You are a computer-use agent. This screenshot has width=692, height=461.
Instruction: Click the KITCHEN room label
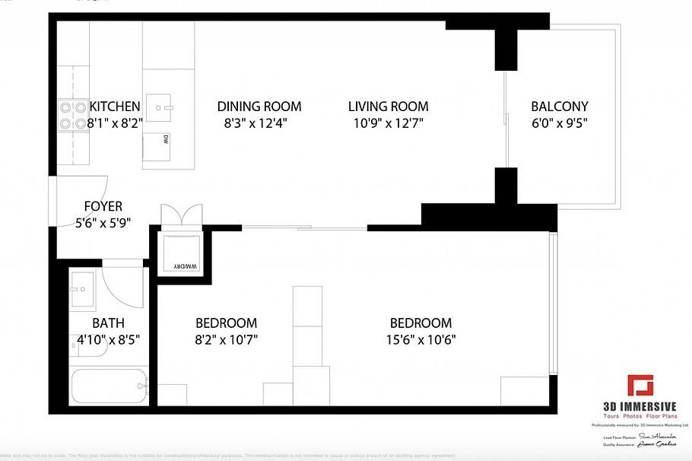(114, 107)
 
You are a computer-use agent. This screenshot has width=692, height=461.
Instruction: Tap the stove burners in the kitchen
(71, 115)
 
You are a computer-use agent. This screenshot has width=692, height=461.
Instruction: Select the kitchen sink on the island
(160, 108)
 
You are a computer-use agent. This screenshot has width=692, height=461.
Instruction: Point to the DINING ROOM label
(259, 107)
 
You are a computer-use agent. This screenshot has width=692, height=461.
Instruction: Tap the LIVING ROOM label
(388, 107)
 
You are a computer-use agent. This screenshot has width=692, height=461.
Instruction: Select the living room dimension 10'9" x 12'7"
(388, 122)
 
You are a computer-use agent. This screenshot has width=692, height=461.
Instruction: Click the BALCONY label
(559, 107)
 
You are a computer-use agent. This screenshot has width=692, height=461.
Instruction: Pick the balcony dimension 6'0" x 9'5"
(559, 122)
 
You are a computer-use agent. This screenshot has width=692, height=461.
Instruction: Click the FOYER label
(103, 206)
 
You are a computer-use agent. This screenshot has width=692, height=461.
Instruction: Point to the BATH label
(108, 323)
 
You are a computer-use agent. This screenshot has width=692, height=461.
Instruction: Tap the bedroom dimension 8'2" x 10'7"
(226, 339)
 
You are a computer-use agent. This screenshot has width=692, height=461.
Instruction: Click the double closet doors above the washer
(181, 215)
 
